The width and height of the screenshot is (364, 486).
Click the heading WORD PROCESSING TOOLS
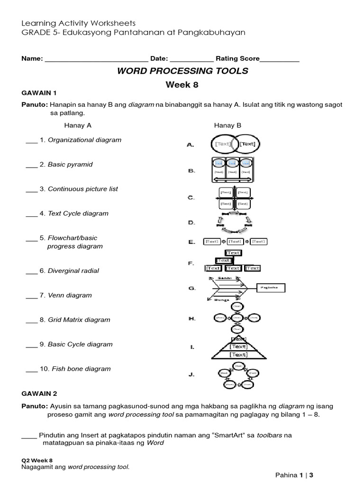[x=182, y=71]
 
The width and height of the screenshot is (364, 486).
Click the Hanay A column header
[x=78, y=125]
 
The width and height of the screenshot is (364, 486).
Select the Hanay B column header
[x=228, y=125]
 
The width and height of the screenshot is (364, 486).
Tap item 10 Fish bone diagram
[x=81, y=369]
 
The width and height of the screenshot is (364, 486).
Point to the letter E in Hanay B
[x=191, y=242]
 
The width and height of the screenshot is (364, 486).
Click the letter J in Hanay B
[x=191, y=374]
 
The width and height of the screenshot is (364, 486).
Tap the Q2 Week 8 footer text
[x=36, y=460]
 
